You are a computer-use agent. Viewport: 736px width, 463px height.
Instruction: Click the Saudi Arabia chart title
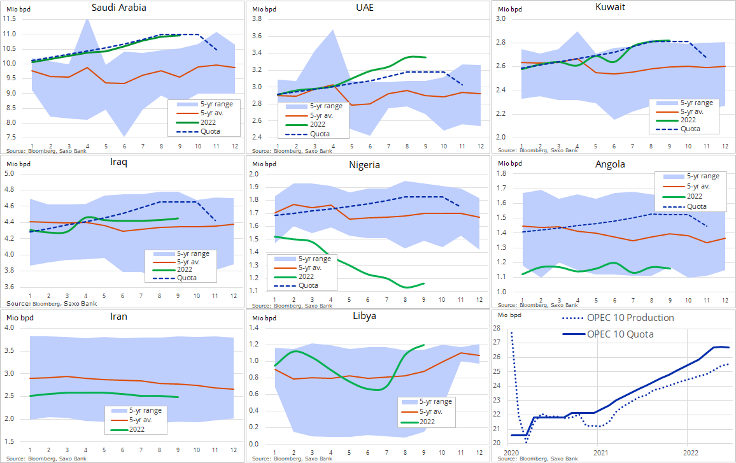(x=119, y=8)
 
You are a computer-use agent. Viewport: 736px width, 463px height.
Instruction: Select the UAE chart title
(x=365, y=8)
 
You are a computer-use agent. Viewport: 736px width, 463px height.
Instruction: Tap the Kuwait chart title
(x=610, y=7)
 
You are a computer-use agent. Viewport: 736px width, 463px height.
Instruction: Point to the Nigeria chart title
(x=364, y=165)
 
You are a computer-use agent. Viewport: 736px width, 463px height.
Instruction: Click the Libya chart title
(x=364, y=316)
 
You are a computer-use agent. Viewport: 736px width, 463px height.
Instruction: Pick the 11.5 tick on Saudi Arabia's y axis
(x=10, y=18)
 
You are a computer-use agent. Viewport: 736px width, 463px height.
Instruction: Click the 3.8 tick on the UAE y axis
(x=257, y=18)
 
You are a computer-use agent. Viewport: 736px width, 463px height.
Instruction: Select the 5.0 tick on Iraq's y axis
(x=10, y=173)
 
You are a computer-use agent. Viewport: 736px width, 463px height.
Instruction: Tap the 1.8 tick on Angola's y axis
(x=502, y=173)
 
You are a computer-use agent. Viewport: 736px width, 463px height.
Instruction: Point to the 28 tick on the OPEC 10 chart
(x=497, y=328)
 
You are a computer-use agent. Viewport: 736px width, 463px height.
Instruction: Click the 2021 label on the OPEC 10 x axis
(x=600, y=453)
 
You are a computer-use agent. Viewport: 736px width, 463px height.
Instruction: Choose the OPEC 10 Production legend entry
(x=618, y=318)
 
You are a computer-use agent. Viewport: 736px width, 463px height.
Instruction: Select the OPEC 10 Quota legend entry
(x=608, y=334)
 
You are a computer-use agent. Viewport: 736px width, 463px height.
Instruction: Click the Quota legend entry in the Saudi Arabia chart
(x=198, y=131)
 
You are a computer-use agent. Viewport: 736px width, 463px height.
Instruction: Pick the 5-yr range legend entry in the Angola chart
(x=691, y=176)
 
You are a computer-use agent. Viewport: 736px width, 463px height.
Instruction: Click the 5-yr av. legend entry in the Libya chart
(x=421, y=412)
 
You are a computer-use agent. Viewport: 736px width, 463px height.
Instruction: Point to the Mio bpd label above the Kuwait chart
(x=510, y=9)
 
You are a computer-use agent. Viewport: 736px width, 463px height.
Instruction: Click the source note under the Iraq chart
(x=52, y=303)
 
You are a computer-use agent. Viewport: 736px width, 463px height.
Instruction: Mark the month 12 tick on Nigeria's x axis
(x=479, y=299)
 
